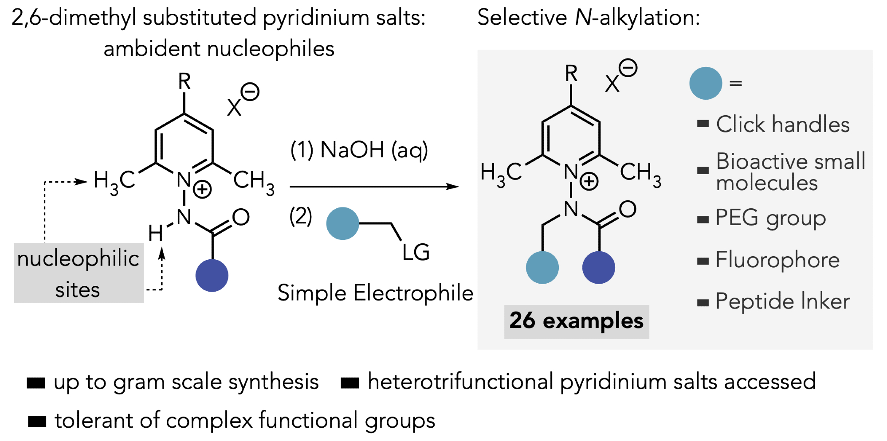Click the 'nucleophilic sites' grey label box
[x=78, y=273]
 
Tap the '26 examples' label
[x=576, y=321]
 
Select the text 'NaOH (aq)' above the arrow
[x=373, y=150]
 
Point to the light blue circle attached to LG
[x=342, y=224]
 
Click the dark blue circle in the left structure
[x=212, y=275]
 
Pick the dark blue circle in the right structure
[x=598, y=267]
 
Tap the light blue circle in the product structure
[x=542, y=267]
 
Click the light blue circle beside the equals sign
[x=706, y=83]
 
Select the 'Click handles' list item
[x=783, y=125]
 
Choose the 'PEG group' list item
[x=771, y=218]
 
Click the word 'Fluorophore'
[x=777, y=260]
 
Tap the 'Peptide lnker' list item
[x=783, y=302]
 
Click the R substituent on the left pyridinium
[x=184, y=82]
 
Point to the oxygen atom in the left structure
[x=241, y=217]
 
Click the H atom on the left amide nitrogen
[x=155, y=233]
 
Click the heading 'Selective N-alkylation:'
[x=589, y=18]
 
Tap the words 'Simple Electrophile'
[x=375, y=293]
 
